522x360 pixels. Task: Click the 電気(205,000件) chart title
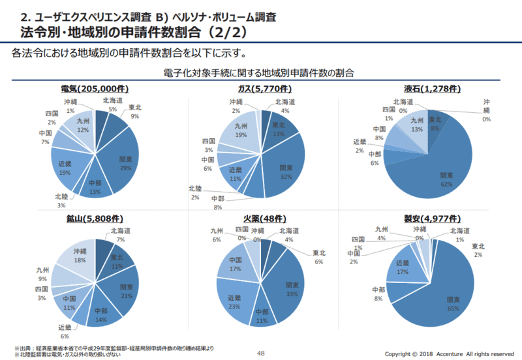pyautogui.click(x=95, y=89)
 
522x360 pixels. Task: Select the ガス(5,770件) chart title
pyautogui.click(x=260, y=89)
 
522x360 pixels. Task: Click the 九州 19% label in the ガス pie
pyautogui.click(x=240, y=130)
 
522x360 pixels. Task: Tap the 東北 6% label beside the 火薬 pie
pyautogui.click(x=319, y=257)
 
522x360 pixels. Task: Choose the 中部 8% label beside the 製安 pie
pyautogui.click(x=378, y=293)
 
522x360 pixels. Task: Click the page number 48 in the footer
pyautogui.click(x=260, y=353)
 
